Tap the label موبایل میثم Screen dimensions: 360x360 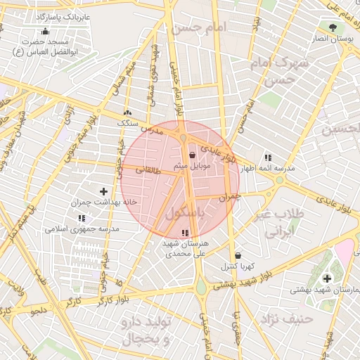[191, 166]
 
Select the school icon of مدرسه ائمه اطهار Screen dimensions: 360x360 [268, 157]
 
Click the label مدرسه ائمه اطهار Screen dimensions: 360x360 [268, 169]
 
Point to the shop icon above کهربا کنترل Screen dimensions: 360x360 [238, 255]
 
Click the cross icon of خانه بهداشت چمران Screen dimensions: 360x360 [104, 191]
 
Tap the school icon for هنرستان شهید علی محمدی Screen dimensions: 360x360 [185, 233]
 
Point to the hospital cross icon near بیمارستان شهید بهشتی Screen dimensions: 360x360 [327, 278]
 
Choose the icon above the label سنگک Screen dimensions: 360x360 [127, 112]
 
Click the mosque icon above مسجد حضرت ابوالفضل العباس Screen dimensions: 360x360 [46, 31]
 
